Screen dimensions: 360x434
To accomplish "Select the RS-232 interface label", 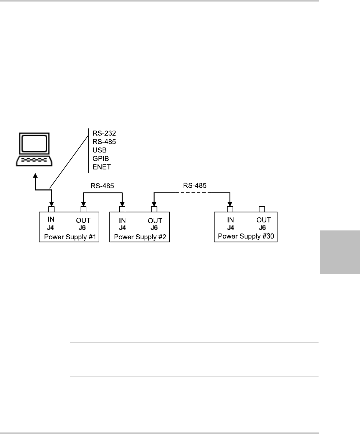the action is tap(104, 133).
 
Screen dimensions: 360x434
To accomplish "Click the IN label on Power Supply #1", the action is tap(51, 220).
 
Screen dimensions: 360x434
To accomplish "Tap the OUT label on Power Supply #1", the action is tap(83, 220).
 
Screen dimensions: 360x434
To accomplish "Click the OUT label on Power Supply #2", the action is tap(155, 220).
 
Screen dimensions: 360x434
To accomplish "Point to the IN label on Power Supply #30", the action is tap(231, 220).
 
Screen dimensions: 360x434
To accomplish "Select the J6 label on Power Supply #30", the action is tap(264, 227).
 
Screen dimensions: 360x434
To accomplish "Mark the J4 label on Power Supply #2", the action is tap(122, 227).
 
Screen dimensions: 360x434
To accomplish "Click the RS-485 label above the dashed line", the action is tap(195, 185).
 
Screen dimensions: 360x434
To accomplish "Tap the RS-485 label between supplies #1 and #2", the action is tap(103, 186).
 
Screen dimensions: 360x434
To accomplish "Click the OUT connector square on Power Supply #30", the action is tap(262, 209).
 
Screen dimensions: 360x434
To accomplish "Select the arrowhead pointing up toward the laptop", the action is tap(35, 176).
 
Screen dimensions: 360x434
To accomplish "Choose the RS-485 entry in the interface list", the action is tap(104, 141).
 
